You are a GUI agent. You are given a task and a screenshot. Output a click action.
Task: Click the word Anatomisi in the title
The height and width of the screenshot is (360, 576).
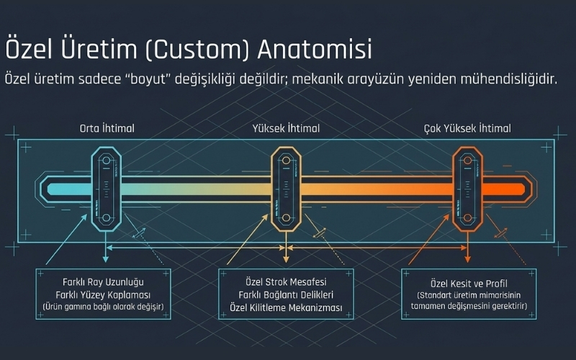point(315,49)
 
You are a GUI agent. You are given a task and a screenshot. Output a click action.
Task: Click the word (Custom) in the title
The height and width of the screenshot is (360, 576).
point(197,50)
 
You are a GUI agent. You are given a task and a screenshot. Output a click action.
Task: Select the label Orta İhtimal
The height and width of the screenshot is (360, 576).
point(107,129)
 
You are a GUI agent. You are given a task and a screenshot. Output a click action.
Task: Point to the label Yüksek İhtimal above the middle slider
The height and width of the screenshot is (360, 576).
point(286,129)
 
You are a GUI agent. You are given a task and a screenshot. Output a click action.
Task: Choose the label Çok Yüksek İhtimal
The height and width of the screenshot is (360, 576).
point(467,129)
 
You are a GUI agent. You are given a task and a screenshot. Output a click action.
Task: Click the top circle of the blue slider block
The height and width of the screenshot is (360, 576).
point(106,161)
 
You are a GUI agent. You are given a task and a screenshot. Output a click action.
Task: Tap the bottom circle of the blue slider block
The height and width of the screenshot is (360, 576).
point(106,218)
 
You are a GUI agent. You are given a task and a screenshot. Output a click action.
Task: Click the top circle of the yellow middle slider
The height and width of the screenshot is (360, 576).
point(286,161)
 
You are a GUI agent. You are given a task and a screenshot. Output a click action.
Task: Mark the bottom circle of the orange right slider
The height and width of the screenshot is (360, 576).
point(467,218)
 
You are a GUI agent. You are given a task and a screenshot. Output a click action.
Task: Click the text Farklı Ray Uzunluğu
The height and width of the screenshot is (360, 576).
point(103,282)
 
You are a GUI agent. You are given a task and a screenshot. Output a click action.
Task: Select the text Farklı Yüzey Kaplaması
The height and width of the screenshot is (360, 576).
point(103,295)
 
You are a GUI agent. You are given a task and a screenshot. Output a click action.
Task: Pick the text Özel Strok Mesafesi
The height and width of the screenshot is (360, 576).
point(286,282)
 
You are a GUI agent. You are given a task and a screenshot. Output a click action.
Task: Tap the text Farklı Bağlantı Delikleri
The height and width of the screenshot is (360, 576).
point(286,295)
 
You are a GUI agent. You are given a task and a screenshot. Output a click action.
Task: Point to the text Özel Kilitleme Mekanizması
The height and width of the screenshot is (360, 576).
point(286,307)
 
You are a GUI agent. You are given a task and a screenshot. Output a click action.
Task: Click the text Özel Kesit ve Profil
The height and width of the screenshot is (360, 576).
point(469,284)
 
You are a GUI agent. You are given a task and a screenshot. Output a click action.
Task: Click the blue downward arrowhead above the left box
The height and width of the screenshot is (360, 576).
point(106,259)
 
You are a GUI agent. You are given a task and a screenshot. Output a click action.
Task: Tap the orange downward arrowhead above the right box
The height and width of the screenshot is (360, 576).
point(467,259)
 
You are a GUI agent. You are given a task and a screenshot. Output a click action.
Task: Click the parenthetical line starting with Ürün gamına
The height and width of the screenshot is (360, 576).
point(103,307)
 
